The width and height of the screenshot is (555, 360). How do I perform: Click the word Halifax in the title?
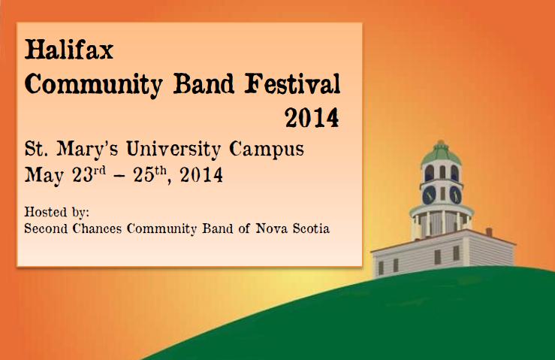tap(69, 50)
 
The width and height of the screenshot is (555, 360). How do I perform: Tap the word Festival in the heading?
tap(292, 84)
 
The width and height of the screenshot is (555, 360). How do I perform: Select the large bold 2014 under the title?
tap(312, 118)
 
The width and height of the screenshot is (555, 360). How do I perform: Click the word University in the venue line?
tap(173, 149)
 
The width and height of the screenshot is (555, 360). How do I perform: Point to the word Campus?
tap(267, 149)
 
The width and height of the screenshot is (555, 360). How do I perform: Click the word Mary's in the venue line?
tap(87, 149)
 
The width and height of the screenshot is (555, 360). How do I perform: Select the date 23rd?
tap(89, 174)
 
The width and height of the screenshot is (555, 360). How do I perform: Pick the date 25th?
tap(150, 174)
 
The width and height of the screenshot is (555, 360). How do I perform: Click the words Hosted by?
tap(56, 212)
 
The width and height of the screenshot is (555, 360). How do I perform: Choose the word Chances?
tap(97, 228)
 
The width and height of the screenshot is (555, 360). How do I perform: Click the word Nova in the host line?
tap(272, 228)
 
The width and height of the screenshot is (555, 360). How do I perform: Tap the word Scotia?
tap(311, 228)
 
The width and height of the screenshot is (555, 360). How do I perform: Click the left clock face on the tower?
tap(429, 195)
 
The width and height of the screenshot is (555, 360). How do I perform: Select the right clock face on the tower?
tap(455, 195)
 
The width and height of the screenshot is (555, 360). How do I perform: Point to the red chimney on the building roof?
tap(489, 232)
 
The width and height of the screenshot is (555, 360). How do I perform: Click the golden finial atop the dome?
tap(441, 143)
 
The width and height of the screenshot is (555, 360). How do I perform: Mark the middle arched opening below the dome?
tap(442, 172)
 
